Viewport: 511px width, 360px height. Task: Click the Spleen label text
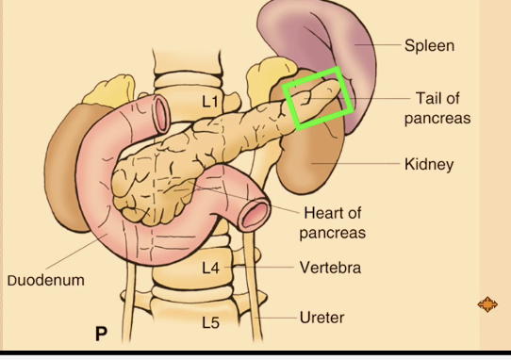click(429, 45)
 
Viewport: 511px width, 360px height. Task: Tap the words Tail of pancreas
click(437, 108)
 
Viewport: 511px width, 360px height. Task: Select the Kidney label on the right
click(429, 164)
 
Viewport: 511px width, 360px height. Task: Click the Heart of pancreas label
click(332, 222)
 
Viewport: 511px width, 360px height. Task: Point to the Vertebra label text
click(330, 268)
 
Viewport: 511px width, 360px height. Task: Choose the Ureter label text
click(321, 318)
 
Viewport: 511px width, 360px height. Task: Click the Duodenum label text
click(46, 280)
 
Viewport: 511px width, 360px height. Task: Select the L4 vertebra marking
click(210, 269)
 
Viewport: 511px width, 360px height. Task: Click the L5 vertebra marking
click(210, 323)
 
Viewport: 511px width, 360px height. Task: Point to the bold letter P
click(102, 334)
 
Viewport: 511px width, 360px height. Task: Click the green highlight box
click(320, 97)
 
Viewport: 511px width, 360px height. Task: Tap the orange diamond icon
click(487, 304)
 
